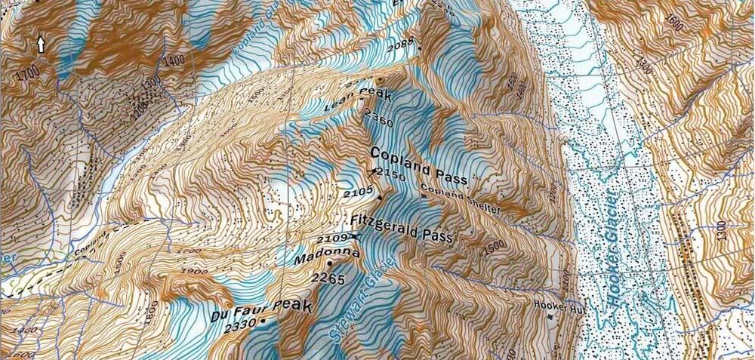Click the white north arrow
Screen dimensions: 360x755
(41, 45)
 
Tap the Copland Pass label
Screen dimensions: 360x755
(419, 158)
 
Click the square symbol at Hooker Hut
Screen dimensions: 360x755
(550, 316)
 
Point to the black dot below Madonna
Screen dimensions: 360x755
(331, 263)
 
